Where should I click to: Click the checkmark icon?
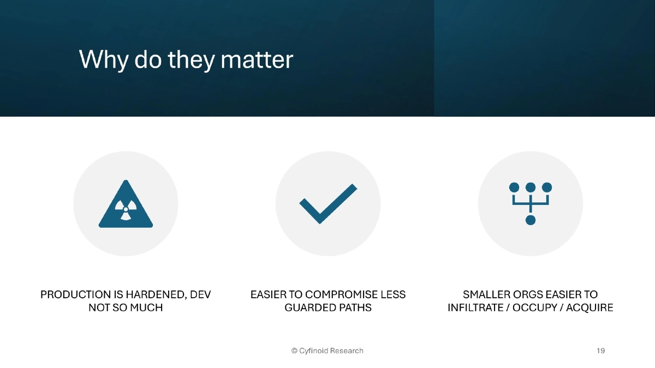click(327, 203)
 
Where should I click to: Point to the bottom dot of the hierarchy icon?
click(530, 220)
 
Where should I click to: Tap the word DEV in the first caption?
click(200, 295)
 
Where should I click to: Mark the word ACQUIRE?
click(589, 308)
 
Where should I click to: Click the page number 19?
click(600, 351)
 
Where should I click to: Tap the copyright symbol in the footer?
click(294, 351)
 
